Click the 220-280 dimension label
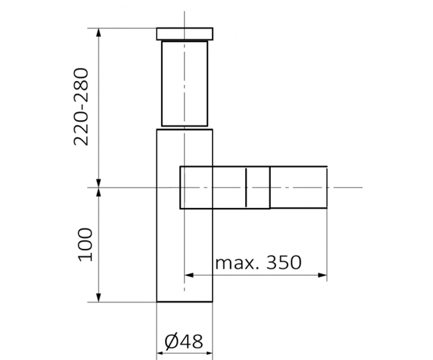pyautogui.click(x=81, y=107)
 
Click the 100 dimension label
pyautogui.click(x=85, y=245)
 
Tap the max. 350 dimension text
pyautogui.click(x=258, y=262)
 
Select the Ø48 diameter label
pyautogui.click(x=184, y=341)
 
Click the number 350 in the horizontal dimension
pyautogui.click(x=284, y=262)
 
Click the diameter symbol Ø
pyautogui.click(x=171, y=341)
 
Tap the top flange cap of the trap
pyautogui.click(x=185, y=34)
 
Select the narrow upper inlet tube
pyautogui.click(x=184, y=84)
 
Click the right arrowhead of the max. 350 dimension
pyautogui.click(x=323, y=275)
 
